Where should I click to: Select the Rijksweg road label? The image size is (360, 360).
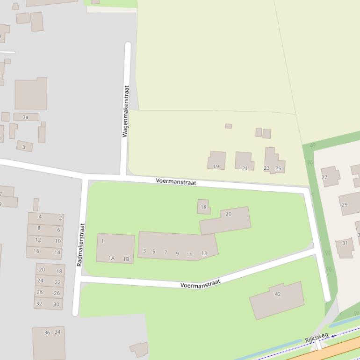tap(317, 338)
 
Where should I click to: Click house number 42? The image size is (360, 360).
tap(278, 294)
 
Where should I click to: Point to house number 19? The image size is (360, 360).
tap(216, 166)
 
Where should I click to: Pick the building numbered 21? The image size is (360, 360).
tap(245, 168)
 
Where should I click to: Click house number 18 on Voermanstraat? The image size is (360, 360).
tap(203, 207)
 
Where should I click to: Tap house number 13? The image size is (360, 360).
tap(204, 253)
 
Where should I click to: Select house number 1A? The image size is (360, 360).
tap(111, 258)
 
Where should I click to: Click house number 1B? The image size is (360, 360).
tap(126, 259)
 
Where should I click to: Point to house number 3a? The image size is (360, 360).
tap(26, 117)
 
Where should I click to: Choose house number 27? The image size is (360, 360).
tap(324, 177)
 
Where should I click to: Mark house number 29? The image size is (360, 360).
tap(345, 205)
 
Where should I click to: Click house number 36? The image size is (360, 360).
tap(47, 332)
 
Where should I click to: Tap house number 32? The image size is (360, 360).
tap(39, 304)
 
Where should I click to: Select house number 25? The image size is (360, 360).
tap(278, 168)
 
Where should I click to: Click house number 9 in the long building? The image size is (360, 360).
tap(177, 253)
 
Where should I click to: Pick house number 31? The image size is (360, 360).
tap(345, 243)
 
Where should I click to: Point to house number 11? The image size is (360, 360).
tap(189, 254)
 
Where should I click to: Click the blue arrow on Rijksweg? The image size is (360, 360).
tap(332, 335)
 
